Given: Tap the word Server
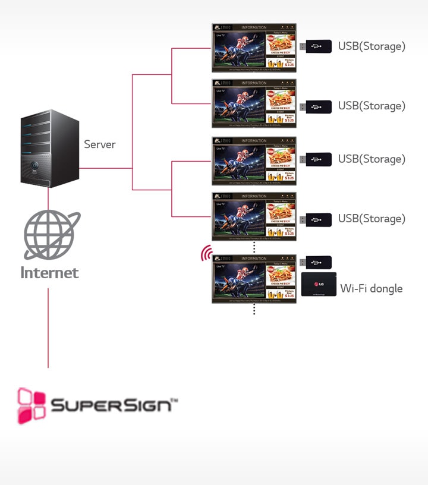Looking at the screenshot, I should coord(99,144).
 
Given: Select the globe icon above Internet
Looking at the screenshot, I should coord(51,234).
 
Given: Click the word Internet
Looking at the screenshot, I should coord(49,273).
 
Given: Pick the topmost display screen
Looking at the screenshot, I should coord(254,48).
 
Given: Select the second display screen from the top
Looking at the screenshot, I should coord(254,103).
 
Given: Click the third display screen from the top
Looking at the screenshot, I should coord(254,161).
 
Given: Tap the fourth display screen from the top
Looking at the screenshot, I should coord(254,216).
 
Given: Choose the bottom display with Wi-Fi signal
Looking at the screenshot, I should coord(254,279).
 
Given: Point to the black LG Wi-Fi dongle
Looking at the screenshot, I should coord(319,284).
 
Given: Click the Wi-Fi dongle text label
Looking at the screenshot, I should coord(371,289).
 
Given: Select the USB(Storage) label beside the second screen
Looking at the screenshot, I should coord(372,106).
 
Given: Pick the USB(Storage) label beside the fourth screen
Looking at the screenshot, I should coord(372,219).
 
